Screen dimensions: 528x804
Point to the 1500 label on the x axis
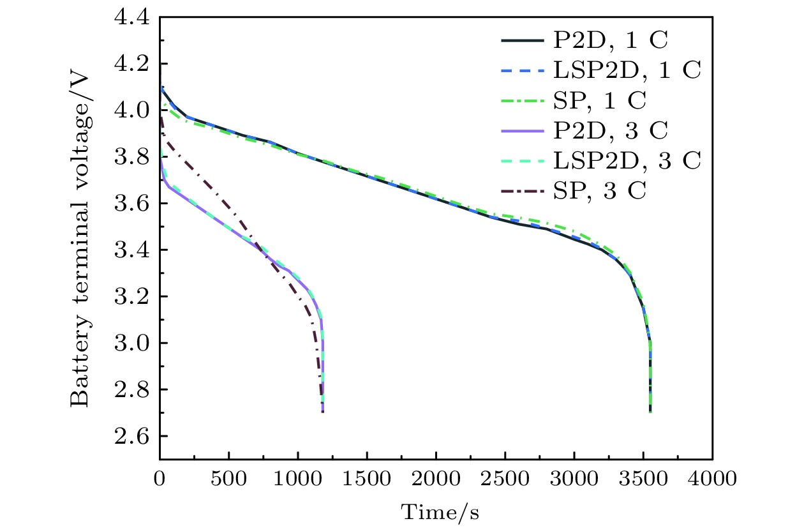coord(366,478)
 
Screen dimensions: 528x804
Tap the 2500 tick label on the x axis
coord(505,478)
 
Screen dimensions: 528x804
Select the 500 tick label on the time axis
coord(228,478)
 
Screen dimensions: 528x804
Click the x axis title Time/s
coord(440,511)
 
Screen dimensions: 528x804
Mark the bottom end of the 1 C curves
coord(650,412)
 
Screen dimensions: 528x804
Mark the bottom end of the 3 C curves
coord(322,412)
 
